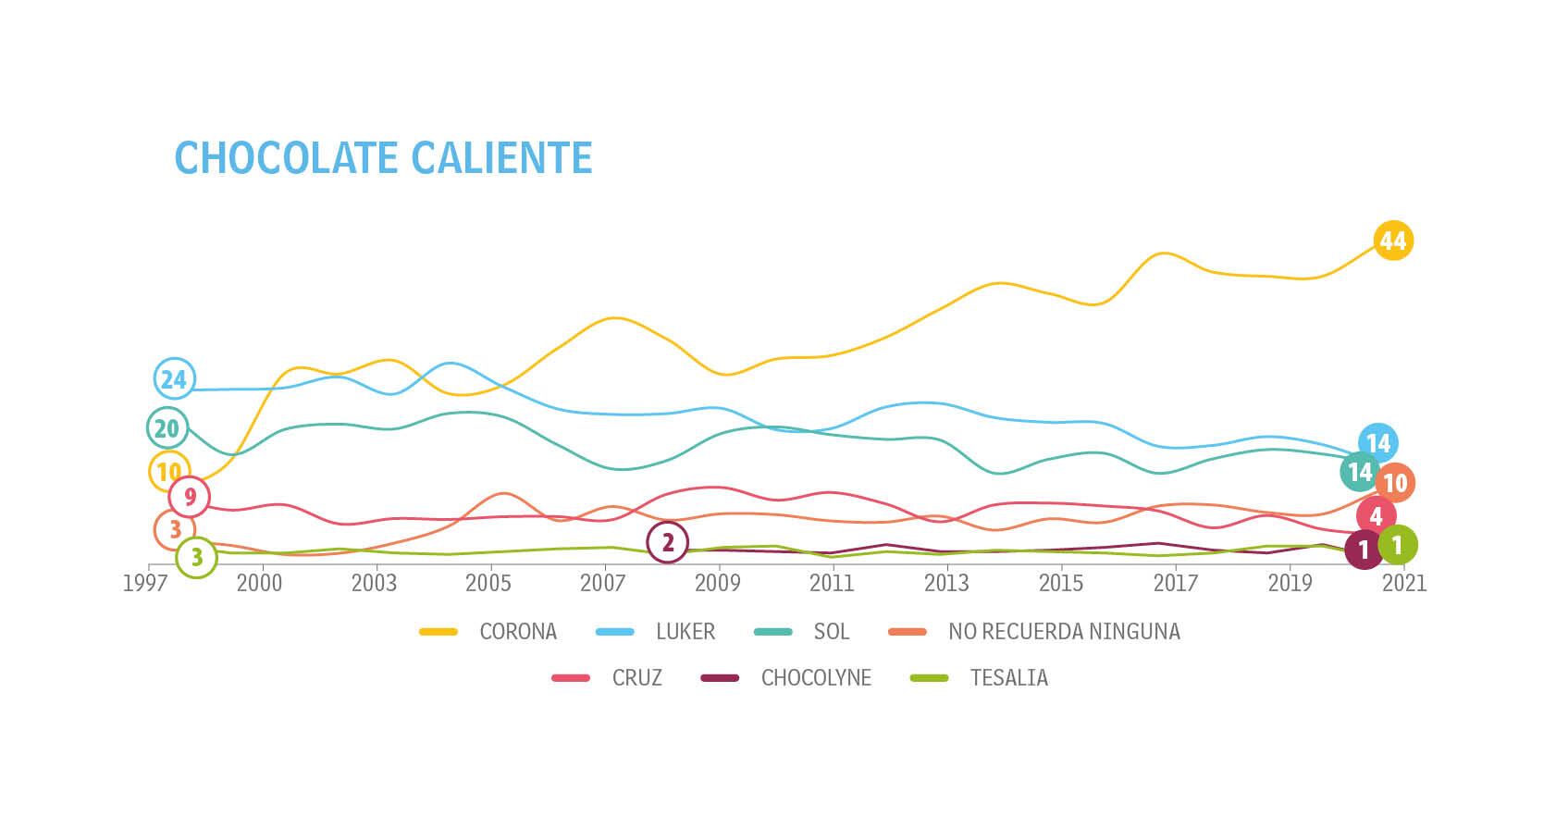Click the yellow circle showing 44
pos(1392,241)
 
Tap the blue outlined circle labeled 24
pos(173,378)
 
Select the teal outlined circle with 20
pos(167,428)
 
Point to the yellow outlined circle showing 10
pos(168,472)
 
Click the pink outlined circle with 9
pos(190,498)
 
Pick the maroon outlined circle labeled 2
pos(668,543)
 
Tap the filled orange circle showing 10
pos(1394,483)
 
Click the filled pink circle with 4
pos(1376,516)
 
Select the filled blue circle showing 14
pos(1378,444)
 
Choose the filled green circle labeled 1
pos(1397,545)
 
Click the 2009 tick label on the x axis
pos(717,584)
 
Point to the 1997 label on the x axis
pos(145,584)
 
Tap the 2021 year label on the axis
pos(1404,584)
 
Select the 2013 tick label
pos(946,584)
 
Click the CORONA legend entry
pos(517,632)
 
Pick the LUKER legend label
pos(685,632)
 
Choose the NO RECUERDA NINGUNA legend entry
pos(1064,632)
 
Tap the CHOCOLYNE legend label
pos(816,678)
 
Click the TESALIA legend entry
pos(1008,678)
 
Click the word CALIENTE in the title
pos(501,158)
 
